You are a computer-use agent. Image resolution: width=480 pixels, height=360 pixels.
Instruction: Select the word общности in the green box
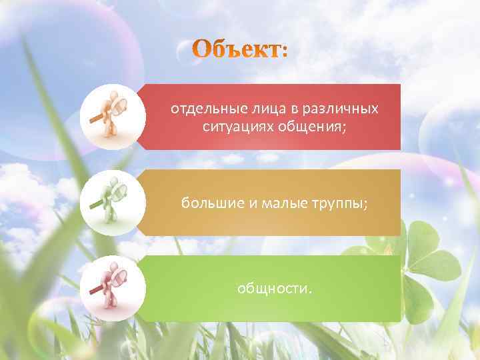tap(273, 288)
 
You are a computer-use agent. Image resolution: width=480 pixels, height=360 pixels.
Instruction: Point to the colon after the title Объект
tap(285, 52)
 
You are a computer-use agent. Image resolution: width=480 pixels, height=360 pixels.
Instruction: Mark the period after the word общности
tap(309, 291)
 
